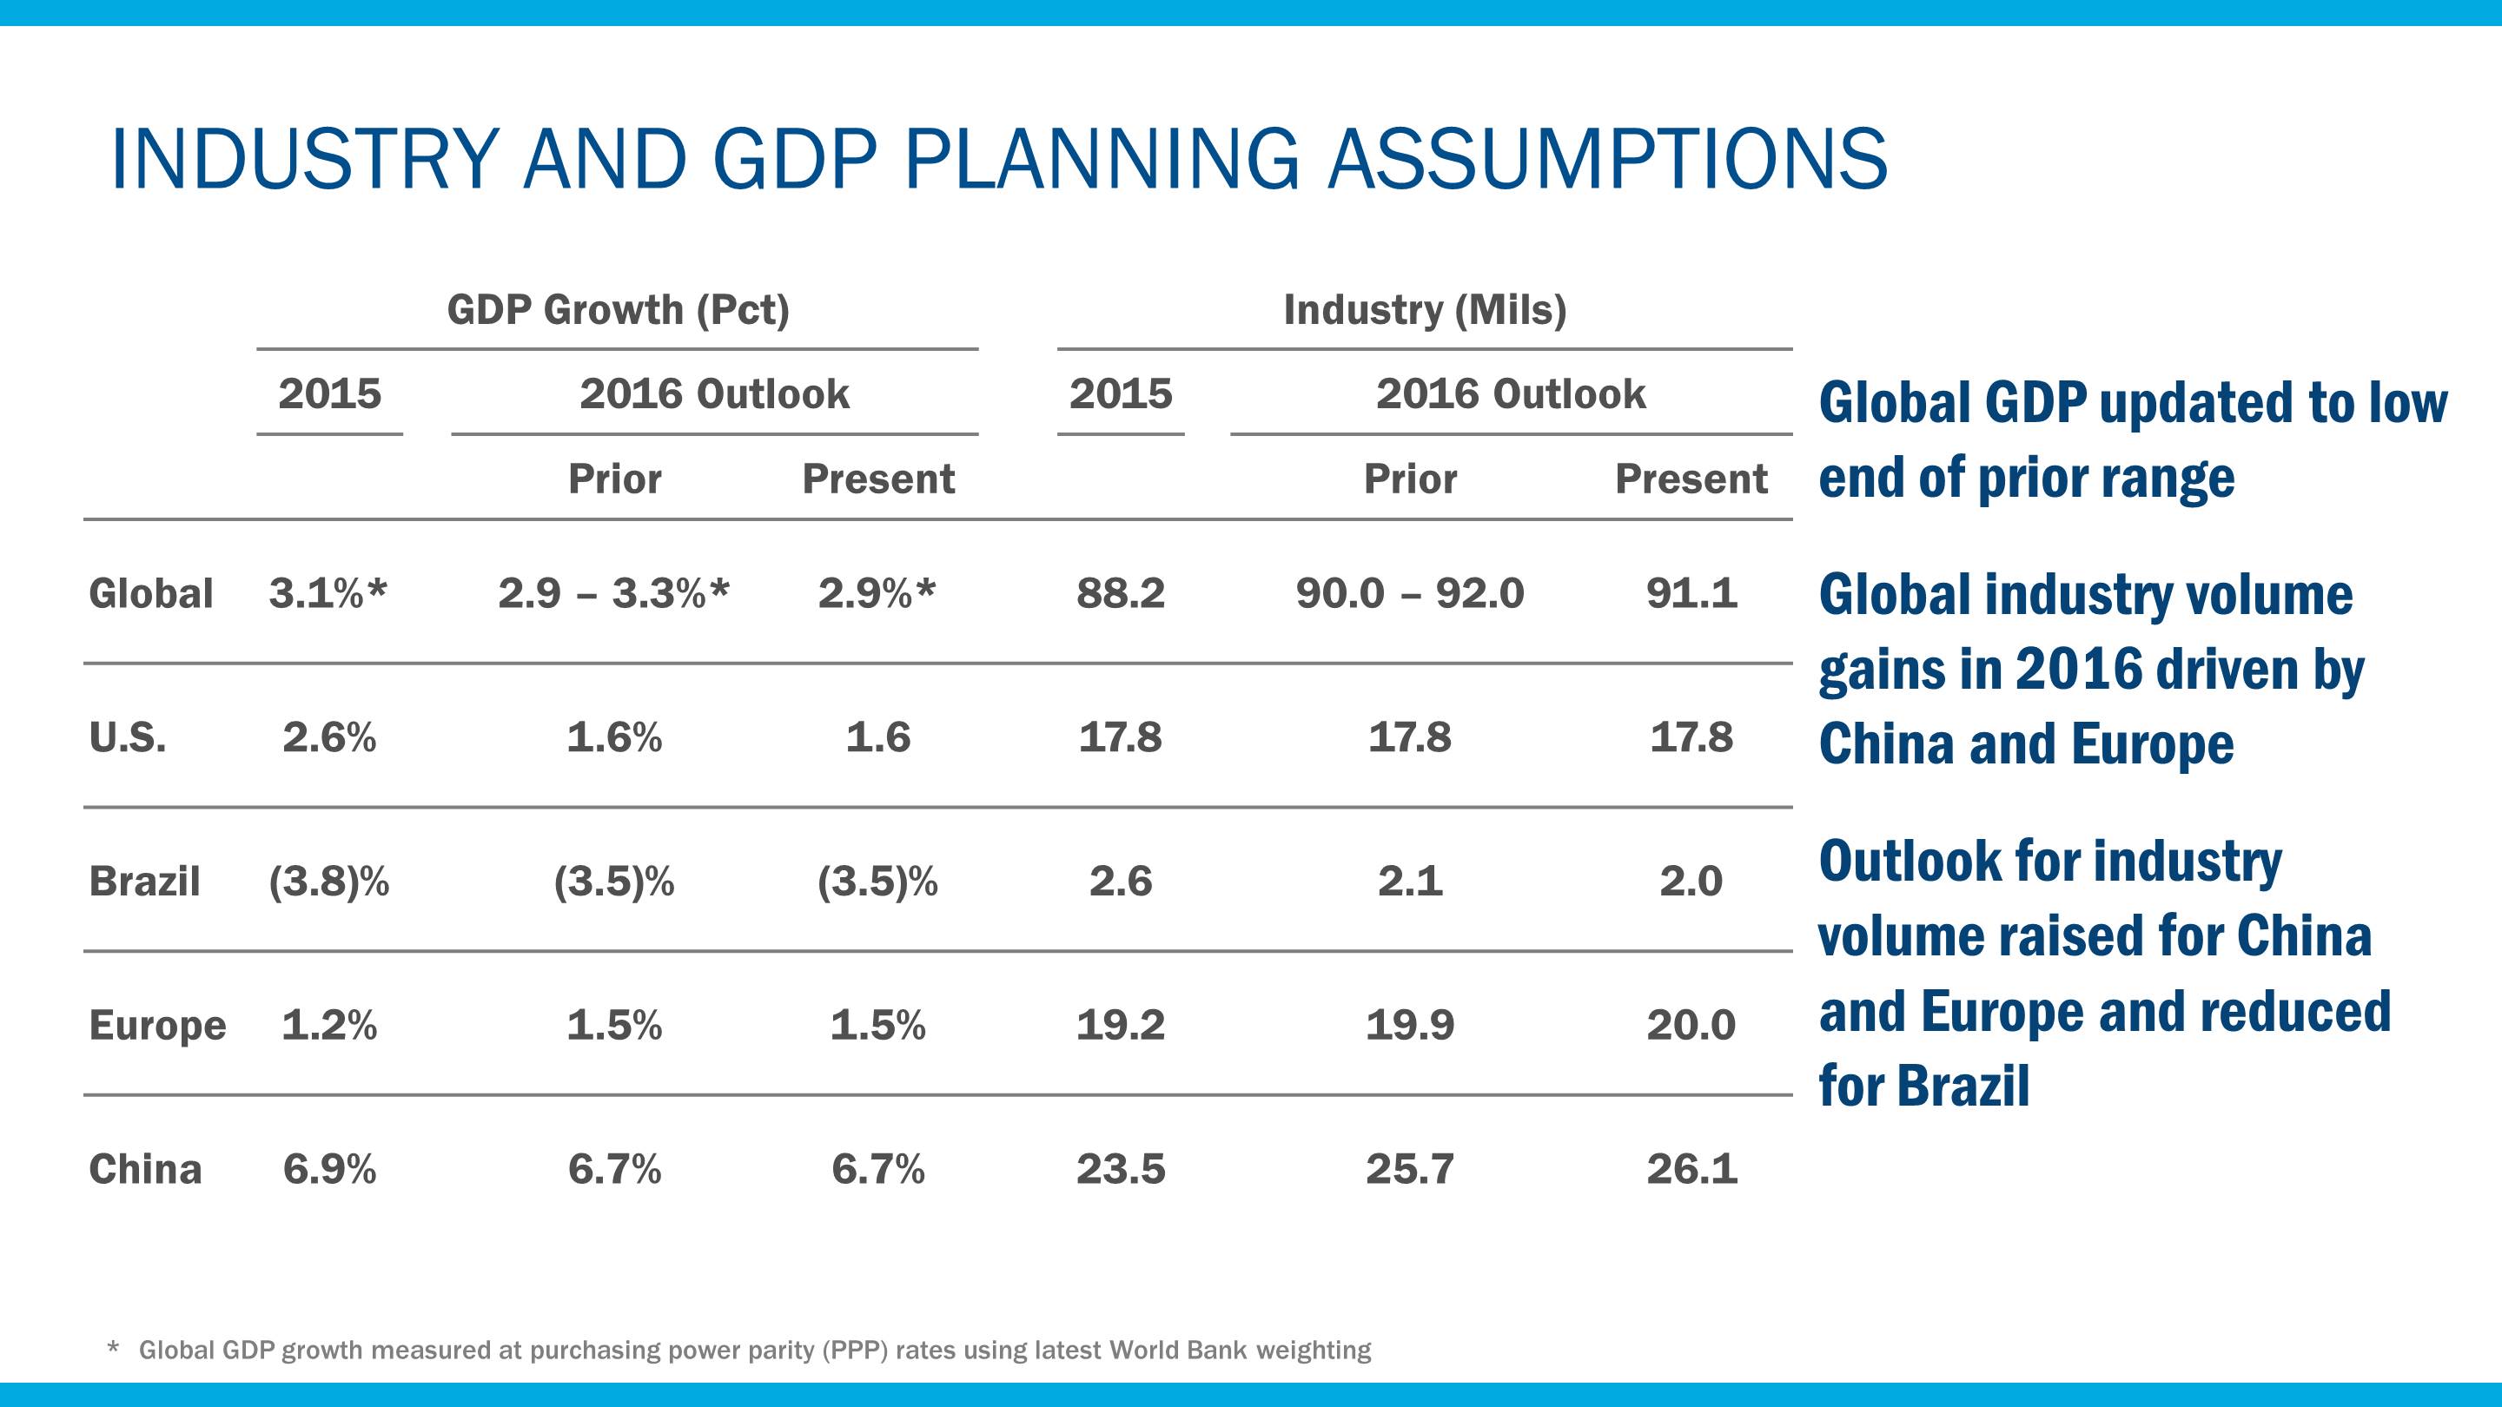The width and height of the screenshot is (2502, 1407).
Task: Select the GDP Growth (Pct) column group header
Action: coord(618,311)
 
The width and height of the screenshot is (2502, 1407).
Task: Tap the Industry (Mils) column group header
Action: coord(1425,311)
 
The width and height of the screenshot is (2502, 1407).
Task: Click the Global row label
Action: coord(150,593)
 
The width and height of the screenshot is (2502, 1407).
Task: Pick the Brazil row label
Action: coord(145,882)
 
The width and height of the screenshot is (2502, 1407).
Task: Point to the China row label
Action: coord(146,1169)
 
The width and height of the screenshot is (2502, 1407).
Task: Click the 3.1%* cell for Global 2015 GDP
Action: coord(328,593)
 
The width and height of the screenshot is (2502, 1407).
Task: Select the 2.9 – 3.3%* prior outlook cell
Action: coord(614,593)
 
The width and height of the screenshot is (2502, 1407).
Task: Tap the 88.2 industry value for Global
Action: coord(1120,593)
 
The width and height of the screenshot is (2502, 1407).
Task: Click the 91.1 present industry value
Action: coord(1691,593)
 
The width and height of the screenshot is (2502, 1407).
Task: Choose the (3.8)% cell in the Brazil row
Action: coord(329,882)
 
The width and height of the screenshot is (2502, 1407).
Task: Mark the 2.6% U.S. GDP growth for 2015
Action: coord(329,738)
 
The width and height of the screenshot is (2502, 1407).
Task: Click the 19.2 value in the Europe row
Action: coord(1120,1026)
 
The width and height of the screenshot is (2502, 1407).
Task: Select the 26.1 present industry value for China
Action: coord(1691,1169)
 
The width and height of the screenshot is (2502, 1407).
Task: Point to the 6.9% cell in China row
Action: coord(329,1169)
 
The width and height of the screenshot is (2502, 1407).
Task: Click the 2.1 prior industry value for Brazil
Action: coord(1409,882)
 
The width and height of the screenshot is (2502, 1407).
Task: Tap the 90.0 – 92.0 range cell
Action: coord(1409,593)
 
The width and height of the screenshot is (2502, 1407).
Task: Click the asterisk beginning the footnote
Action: coord(114,1348)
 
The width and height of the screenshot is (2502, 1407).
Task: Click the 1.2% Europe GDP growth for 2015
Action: coord(329,1026)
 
